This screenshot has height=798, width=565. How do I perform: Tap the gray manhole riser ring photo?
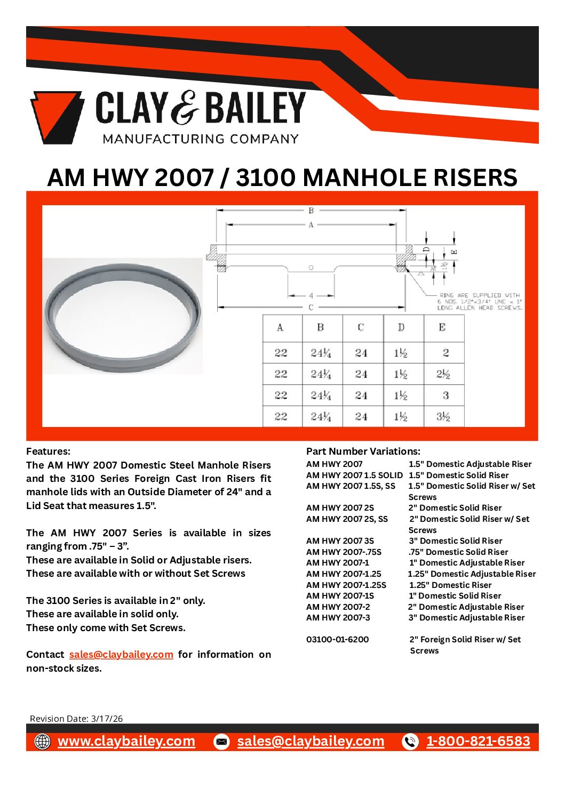[x=122, y=316]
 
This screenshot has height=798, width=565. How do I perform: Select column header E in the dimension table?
[x=442, y=327]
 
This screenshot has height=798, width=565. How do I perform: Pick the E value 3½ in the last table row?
[x=443, y=416]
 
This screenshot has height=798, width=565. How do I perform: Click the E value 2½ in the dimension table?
[x=443, y=374]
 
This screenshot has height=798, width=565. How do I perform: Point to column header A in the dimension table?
[x=281, y=327]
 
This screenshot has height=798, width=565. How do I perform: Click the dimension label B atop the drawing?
[x=311, y=211]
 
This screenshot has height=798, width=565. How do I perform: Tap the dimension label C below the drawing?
[x=311, y=308]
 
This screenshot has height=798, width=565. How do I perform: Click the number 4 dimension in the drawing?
[x=311, y=295]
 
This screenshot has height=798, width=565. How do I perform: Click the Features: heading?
[x=48, y=451]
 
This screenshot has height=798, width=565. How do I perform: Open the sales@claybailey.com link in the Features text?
[x=121, y=654]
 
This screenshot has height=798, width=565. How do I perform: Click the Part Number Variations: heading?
[x=363, y=451]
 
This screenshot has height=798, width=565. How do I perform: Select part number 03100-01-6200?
[x=337, y=639]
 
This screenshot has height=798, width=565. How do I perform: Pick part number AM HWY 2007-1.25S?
[x=346, y=585]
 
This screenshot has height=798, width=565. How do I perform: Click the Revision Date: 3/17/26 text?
[x=76, y=719]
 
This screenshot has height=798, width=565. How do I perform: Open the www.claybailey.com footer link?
[x=126, y=741]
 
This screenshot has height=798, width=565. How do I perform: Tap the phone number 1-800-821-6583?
[x=478, y=741]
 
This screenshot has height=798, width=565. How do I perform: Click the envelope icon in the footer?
[x=221, y=741]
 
